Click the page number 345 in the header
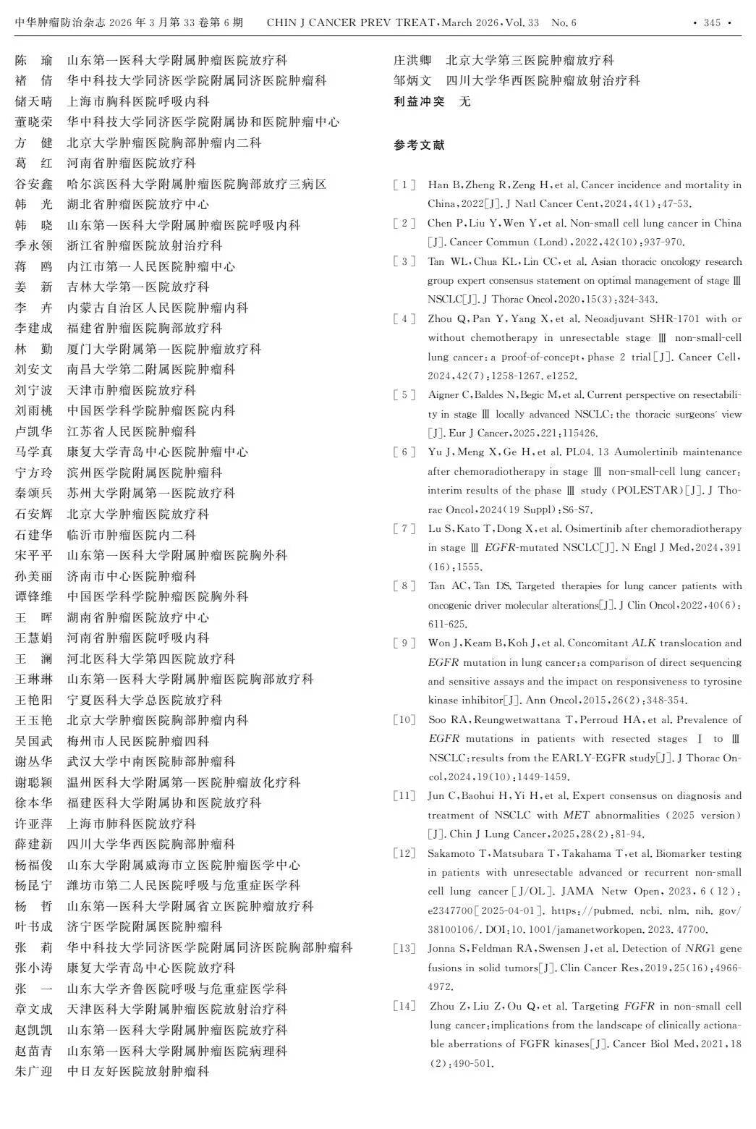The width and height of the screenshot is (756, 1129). point(712,22)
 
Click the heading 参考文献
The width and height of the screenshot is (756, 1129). point(419,145)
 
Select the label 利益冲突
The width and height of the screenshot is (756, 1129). point(419,101)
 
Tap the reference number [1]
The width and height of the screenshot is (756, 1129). point(404,185)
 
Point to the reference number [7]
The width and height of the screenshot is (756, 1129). point(404,529)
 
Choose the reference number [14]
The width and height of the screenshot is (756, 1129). point(404,1007)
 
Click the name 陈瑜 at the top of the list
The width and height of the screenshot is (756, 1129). point(33,60)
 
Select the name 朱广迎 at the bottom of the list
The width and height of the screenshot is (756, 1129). point(33,1071)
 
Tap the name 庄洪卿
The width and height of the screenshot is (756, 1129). point(412,60)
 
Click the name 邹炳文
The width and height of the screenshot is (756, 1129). point(412,80)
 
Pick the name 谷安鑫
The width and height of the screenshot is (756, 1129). point(33,184)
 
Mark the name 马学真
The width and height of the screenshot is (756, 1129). point(33,452)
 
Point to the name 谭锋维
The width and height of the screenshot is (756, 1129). point(33,596)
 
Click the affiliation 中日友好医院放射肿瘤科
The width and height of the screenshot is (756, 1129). point(138,1071)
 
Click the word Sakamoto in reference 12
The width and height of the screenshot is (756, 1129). point(452,853)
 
